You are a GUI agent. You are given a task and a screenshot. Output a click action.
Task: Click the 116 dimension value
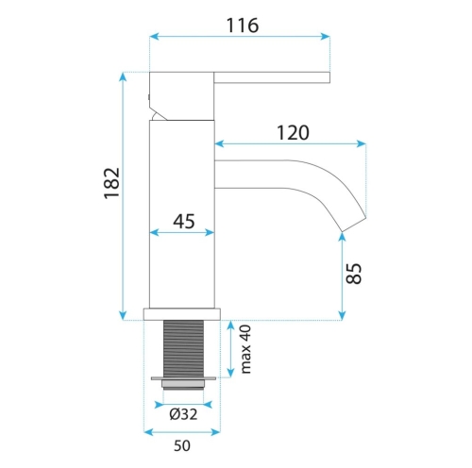tap(243, 25)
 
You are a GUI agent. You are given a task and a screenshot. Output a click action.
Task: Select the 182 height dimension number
tap(112, 183)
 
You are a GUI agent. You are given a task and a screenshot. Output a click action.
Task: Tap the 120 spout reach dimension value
tap(293, 133)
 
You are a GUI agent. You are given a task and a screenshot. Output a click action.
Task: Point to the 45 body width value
tap(184, 221)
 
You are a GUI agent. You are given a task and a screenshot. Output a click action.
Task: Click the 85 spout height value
tap(354, 274)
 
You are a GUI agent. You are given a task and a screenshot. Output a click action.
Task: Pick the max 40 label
tap(245, 349)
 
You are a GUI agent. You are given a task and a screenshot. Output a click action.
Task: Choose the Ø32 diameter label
tap(183, 414)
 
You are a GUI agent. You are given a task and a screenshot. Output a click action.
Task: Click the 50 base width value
tap(182, 445)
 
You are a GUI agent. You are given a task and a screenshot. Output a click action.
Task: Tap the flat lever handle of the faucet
tap(272, 77)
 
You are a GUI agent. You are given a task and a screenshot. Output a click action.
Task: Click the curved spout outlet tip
tap(354, 224)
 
